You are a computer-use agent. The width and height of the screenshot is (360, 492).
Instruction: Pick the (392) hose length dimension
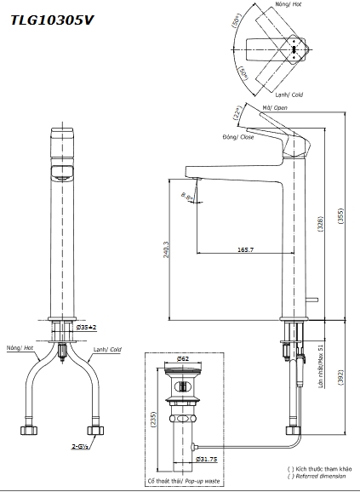340,375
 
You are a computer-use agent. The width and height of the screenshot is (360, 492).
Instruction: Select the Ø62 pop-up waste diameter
182,358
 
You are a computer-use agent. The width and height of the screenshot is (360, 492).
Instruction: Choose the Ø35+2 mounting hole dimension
87,327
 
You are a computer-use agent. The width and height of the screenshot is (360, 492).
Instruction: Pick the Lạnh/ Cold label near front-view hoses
107,349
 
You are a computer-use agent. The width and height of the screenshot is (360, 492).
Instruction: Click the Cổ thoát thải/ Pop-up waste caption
181,481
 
